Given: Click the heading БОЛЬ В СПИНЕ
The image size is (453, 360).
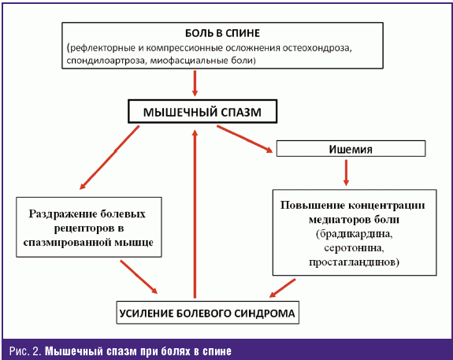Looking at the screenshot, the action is [x=222, y=33].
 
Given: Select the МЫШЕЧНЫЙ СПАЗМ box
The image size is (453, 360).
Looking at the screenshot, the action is [x=202, y=112].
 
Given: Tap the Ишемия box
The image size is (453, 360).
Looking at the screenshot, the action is [x=351, y=149].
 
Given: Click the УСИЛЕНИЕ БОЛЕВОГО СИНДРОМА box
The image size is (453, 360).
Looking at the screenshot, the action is [x=207, y=313].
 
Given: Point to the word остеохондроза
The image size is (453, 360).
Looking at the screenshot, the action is [x=317, y=48].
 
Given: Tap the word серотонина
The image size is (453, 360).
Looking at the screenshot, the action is [x=354, y=248].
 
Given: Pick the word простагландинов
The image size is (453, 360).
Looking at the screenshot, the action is [x=354, y=262].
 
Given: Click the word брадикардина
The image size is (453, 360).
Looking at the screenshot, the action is [x=355, y=234].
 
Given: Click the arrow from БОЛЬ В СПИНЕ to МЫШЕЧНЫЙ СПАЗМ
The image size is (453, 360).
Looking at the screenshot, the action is [x=195, y=84].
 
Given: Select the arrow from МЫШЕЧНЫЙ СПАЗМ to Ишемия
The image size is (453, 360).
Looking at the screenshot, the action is [x=245, y=139].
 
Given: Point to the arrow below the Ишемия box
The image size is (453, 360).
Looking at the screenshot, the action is [x=346, y=173].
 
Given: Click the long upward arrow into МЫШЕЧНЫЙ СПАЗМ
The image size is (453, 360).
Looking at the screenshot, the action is [x=195, y=213].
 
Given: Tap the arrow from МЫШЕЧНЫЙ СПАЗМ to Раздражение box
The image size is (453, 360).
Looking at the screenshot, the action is [x=110, y=158].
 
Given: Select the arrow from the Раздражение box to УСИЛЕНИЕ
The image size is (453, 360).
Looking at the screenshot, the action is [x=139, y=276].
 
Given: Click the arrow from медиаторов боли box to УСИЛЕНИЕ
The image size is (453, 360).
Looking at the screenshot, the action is [x=283, y=288].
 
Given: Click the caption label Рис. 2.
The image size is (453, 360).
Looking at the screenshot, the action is [x=26, y=351].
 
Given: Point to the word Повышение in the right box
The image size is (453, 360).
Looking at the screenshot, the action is [x=313, y=205].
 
